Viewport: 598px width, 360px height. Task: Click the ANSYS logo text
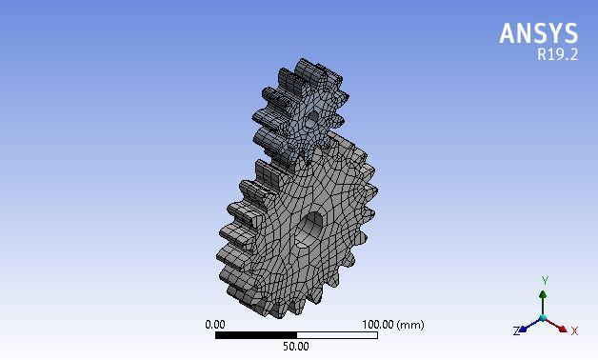click(x=539, y=33)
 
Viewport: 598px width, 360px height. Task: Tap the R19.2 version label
click(x=558, y=54)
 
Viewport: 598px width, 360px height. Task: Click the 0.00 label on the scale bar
click(x=215, y=325)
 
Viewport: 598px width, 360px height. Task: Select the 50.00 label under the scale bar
click(x=296, y=347)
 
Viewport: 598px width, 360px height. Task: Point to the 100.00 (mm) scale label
click(x=393, y=325)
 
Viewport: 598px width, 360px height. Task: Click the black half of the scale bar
click(x=256, y=335)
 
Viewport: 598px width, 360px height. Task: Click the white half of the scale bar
click(x=337, y=335)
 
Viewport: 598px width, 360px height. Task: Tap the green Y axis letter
click(x=545, y=281)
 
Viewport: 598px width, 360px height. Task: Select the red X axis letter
click(x=574, y=330)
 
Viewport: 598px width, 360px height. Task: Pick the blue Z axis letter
click(x=516, y=331)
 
